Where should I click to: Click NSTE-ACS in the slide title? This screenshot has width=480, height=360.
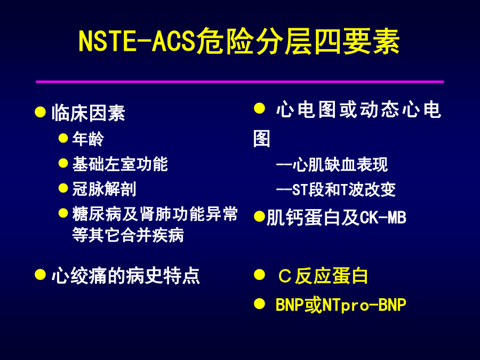click(x=137, y=41)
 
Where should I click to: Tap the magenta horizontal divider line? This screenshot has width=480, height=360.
click(x=239, y=82)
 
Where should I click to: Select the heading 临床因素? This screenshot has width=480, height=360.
click(x=89, y=113)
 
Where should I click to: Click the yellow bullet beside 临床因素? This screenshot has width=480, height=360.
click(x=40, y=112)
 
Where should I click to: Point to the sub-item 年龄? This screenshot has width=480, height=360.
click(x=88, y=139)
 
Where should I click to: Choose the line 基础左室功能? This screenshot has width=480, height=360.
click(x=120, y=164)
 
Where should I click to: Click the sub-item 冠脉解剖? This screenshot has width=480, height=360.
click(x=104, y=189)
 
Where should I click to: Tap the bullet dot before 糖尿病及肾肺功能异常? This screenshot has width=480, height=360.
click(x=63, y=213)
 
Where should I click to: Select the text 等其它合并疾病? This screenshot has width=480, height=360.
click(x=128, y=235)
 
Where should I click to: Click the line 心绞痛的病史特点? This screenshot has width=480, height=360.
click(x=125, y=276)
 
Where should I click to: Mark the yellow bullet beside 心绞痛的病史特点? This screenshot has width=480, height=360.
click(x=40, y=275)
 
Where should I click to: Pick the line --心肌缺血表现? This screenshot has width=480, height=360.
click(x=332, y=165)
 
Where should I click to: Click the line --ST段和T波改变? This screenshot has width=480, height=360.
click(x=336, y=189)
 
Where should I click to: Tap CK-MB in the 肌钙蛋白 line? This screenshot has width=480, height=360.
click(x=382, y=218)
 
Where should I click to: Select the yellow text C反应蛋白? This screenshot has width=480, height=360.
click(x=323, y=276)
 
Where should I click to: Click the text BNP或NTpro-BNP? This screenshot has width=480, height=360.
click(x=341, y=305)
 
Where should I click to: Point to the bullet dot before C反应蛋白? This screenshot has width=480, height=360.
click(x=259, y=275)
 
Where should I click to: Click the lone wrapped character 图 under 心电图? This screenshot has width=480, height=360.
click(x=262, y=139)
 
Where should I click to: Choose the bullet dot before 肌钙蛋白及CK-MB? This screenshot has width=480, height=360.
click(x=259, y=217)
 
